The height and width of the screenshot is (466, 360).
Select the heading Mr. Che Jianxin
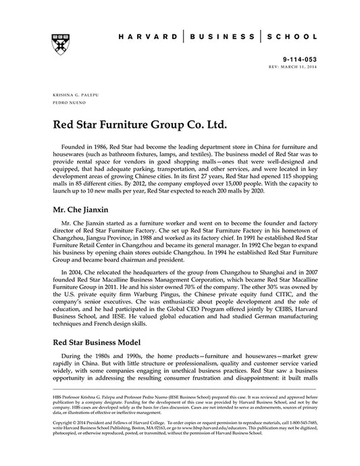coord(82,210)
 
